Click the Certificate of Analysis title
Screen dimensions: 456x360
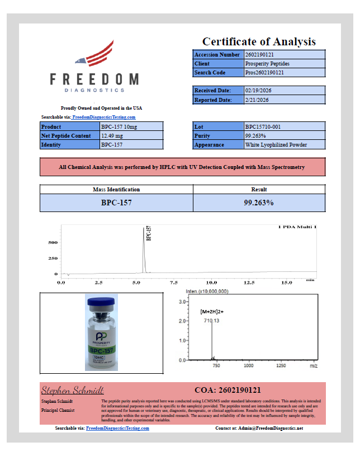258,41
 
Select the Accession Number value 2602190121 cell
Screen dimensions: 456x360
285,55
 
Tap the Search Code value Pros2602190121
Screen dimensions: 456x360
285,73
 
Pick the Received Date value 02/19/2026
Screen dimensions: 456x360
285,91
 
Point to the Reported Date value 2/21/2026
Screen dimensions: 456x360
285,100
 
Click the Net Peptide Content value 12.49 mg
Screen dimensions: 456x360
131,135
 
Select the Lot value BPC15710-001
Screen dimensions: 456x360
285,126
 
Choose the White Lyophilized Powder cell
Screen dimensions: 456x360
285,144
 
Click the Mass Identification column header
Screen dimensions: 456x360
116,189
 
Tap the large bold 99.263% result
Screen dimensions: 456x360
259,203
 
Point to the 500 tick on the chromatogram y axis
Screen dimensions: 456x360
53,242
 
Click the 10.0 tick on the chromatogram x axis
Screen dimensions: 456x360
212,283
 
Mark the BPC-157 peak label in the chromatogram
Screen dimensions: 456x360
148,233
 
